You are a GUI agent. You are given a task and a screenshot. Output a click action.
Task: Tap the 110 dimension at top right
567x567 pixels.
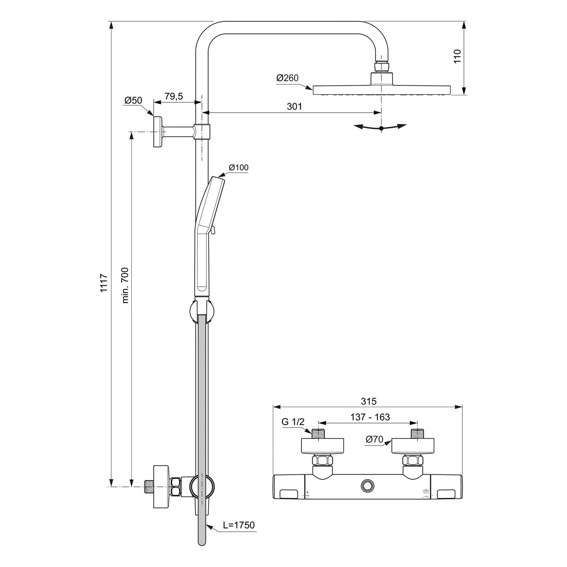457,56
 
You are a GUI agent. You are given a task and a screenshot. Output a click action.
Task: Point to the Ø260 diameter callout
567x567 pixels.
287,78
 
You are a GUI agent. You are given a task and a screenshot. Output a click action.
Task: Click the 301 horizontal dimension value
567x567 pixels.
294,107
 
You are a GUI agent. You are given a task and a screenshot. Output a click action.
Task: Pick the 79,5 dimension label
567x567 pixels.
174,96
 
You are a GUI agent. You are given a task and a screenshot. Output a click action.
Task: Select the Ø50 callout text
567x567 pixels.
133,100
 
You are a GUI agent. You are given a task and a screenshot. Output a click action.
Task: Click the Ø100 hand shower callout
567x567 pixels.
239,167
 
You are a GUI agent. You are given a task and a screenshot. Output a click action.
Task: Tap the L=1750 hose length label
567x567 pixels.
239,525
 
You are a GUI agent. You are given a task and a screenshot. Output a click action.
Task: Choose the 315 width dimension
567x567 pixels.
369,401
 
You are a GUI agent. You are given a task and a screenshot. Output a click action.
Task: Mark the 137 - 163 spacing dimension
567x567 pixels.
370,417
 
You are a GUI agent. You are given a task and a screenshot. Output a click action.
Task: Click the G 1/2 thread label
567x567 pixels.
293,422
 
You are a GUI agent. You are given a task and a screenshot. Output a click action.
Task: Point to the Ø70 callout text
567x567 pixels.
374,439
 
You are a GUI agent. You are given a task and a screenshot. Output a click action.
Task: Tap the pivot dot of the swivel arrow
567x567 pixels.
381,129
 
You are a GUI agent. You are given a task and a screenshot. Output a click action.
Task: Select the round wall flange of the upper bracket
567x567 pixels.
157,132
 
